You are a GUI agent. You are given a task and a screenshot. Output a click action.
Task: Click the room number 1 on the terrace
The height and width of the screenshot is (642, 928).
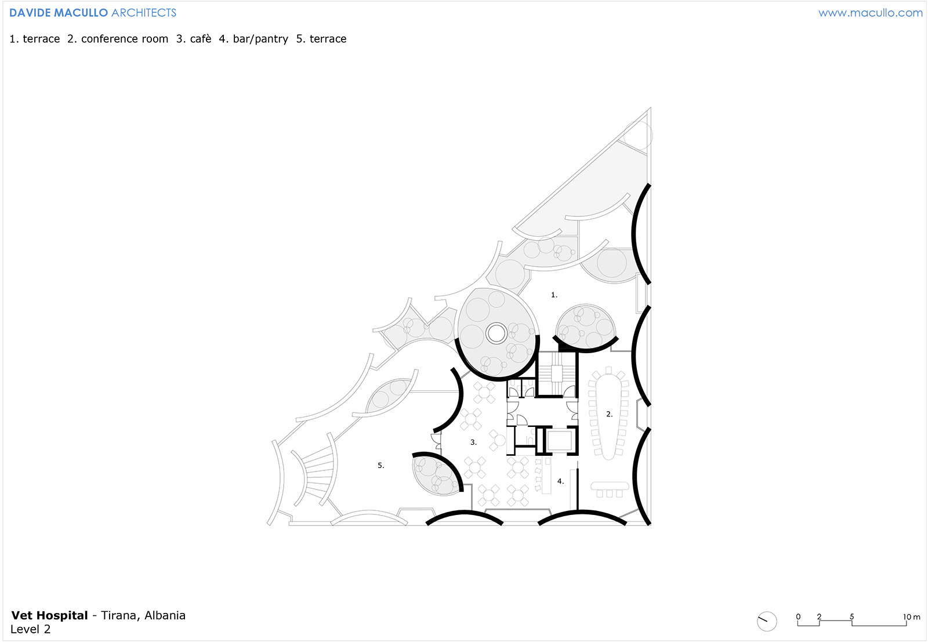(x=554, y=295)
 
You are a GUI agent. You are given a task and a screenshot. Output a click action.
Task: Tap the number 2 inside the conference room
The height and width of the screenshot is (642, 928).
(x=609, y=414)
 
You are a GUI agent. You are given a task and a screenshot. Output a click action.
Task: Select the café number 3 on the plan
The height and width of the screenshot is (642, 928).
(x=473, y=442)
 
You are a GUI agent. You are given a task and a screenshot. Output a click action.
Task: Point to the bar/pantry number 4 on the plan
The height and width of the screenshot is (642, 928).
(x=560, y=481)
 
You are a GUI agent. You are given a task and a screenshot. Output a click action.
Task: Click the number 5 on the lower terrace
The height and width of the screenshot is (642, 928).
(x=380, y=466)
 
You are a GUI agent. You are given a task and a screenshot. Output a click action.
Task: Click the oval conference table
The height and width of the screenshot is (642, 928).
(x=608, y=416)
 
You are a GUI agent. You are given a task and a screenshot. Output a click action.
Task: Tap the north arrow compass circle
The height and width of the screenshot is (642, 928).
(x=766, y=621)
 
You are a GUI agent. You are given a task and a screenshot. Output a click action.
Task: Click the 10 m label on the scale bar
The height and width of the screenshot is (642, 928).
(x=911, y=616)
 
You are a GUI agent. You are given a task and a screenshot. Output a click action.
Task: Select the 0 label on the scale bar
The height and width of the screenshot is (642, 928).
(x=798, y=616)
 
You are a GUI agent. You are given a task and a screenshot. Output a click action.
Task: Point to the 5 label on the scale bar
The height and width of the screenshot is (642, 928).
(x=852, y=616)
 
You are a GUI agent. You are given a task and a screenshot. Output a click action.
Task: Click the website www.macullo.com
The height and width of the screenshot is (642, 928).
(x=871, y=13)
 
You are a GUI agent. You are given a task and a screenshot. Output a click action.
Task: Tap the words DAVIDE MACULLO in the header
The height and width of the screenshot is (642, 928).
(x=59, y=13)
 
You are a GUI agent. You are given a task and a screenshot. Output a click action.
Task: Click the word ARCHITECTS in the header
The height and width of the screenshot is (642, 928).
(x=144, y=13)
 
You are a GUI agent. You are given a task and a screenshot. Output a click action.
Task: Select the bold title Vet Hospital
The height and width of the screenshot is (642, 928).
(x=49, y=615)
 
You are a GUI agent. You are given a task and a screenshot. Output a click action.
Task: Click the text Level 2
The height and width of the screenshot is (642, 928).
(x=30, y=629)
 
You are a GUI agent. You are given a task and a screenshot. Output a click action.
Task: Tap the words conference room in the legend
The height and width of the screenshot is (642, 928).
(x=125, y=39)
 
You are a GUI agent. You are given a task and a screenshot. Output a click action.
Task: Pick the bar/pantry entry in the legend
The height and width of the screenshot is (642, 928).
(x=260, y=39)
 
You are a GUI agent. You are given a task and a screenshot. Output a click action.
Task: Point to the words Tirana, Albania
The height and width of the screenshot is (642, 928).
(x=143, y=615)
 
